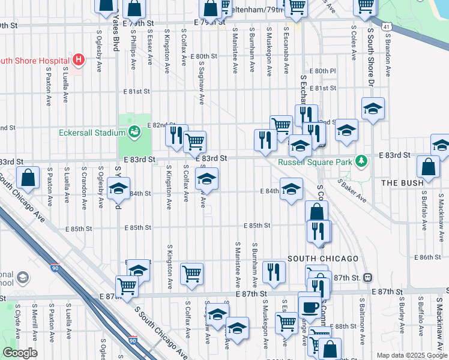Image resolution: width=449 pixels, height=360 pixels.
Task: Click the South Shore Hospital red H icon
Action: [78, 60]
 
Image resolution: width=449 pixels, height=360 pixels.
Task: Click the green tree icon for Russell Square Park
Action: [361, 160]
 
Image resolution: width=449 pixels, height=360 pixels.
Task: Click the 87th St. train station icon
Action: [368, 277]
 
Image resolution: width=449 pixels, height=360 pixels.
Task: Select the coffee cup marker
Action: [310, 307]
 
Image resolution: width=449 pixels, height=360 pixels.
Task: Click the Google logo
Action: [19, 353]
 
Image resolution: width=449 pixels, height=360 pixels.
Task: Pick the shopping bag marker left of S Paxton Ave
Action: [28, 178]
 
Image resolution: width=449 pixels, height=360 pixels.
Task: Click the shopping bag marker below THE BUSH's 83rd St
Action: [428, 167]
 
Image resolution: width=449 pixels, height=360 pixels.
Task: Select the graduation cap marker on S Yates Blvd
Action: [118, 188]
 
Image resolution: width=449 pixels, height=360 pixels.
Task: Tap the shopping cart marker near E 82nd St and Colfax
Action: [194, 142]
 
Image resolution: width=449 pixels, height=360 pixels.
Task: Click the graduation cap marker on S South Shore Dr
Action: [373, 109]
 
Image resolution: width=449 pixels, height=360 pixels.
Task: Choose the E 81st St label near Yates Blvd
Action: [136, 92]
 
